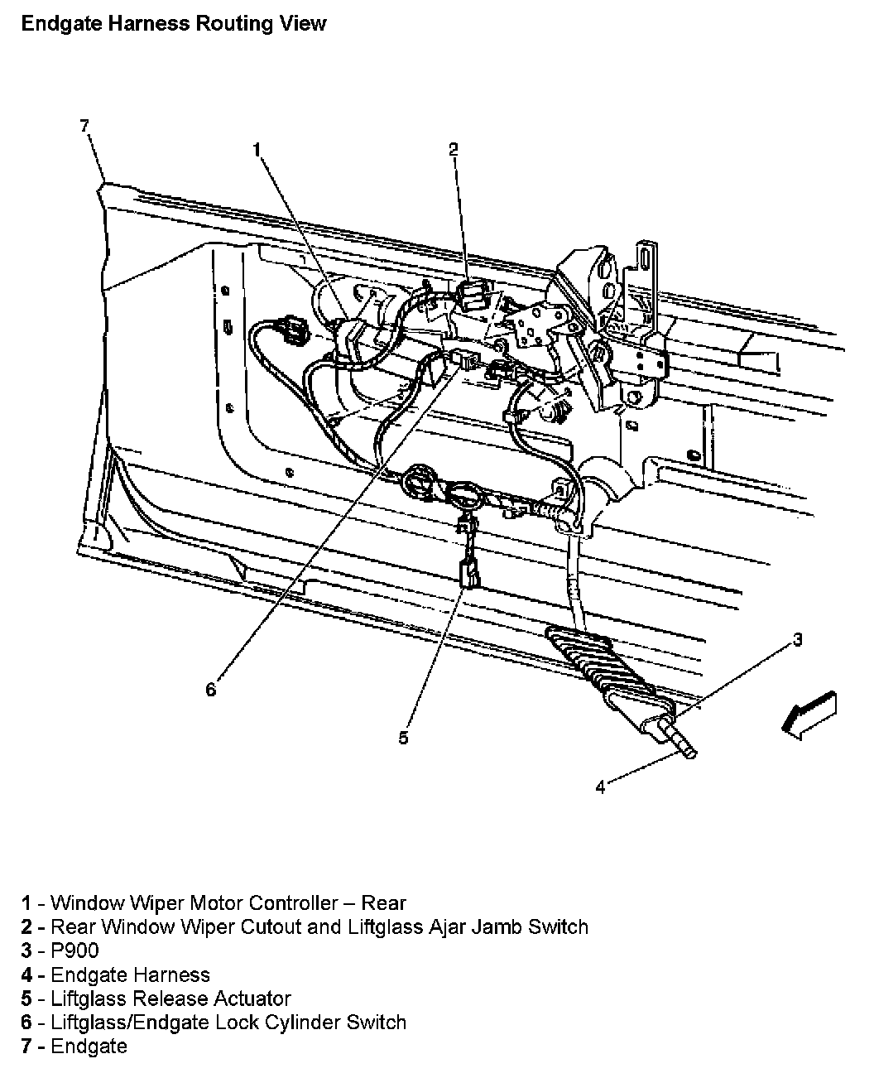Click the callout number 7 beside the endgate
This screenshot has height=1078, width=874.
(84, 126)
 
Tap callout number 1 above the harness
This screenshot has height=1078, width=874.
(257, 149)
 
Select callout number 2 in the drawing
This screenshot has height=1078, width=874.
(453, 149)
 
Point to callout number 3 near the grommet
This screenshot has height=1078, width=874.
(797, 639)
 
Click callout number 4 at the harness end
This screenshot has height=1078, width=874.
(600, 787)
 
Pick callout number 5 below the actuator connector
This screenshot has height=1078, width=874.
(403, 738)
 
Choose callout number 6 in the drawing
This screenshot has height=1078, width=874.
(211, 689)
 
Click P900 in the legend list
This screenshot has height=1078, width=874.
(74, 950)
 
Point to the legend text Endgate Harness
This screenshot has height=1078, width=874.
(130, 975)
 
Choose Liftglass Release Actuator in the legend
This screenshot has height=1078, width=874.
(170, 999)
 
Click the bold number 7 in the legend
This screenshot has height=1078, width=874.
(27, 1047)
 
